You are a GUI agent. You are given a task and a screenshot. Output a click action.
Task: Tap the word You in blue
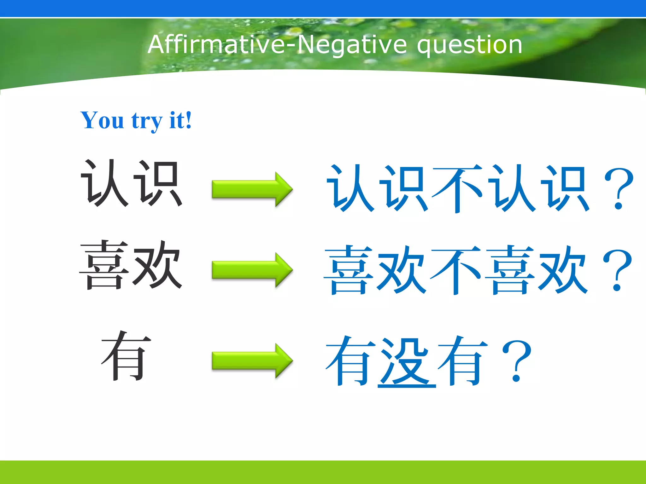pyautogui.click(x=102, y=120)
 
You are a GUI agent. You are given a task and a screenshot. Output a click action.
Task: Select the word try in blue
pyautogui.click(x=147, y=121)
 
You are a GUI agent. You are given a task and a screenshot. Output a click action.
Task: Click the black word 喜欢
pyautogui.click(x=131, y=265)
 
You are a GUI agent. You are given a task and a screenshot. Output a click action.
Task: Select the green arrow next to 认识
pyautogui.click(x=252, y=189)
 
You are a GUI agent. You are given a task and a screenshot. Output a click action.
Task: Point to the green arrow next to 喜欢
pyautogui.click(x=252, y=270)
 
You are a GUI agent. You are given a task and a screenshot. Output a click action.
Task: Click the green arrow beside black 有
pyautogui.click(x=252, y=360)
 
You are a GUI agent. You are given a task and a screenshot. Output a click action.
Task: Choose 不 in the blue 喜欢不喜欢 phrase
pyautogui.click(x=456, y=270)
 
